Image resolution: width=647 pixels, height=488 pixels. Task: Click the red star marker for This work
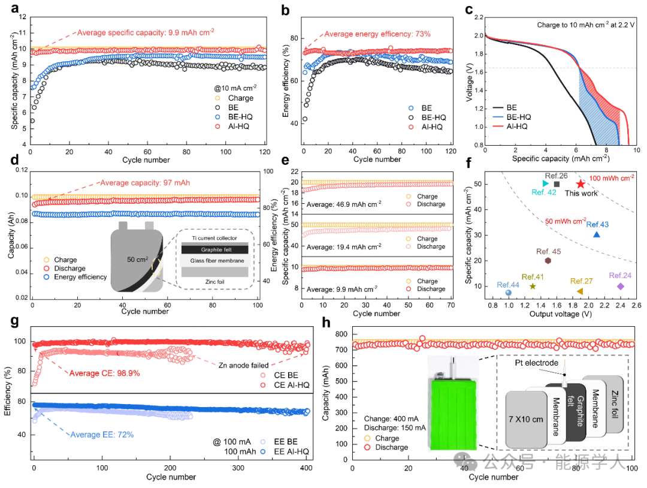[581, 184]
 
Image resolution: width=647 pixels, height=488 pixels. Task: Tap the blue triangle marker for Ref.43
[597, 234]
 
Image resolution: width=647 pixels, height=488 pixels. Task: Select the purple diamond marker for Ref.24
[621, 286]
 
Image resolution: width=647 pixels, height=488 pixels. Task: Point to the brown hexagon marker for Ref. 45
[548, 261]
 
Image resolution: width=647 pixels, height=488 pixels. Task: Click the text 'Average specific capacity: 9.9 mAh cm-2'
[145, 32]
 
